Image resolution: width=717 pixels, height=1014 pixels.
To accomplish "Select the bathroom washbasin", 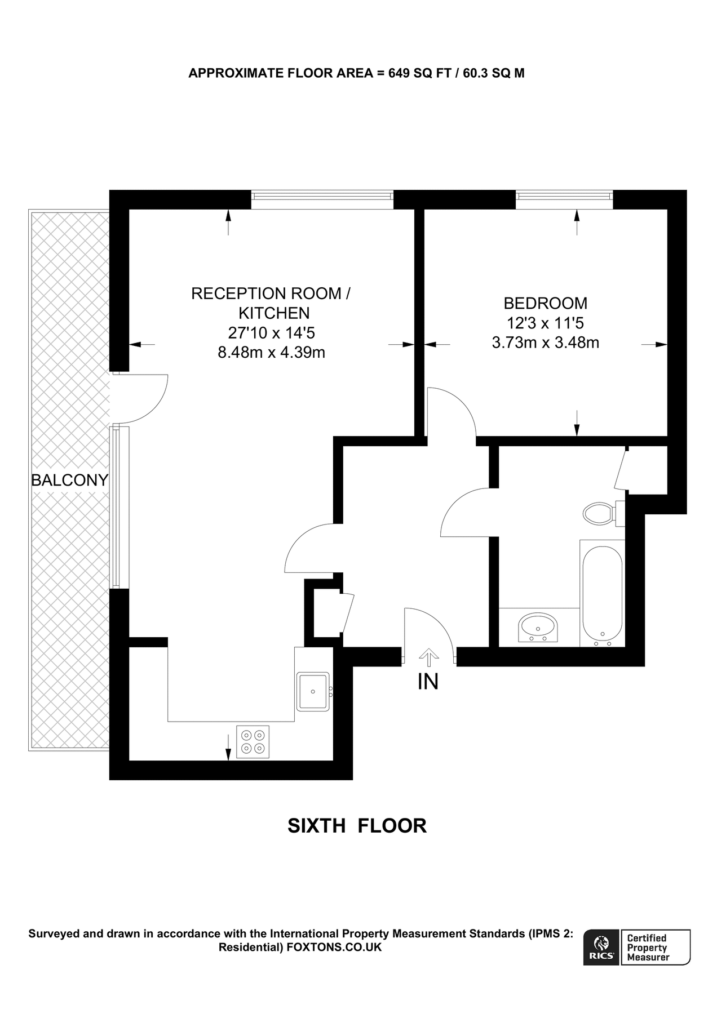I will [538, 628].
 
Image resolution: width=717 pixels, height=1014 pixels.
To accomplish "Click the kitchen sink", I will [313, 692].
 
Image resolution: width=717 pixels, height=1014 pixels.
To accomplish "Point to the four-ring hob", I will [253, 741].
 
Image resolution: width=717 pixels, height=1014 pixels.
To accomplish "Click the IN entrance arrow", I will [428, 657].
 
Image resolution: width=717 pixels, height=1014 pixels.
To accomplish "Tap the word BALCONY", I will [69, 480].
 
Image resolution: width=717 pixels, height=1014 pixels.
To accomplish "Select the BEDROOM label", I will [545, 303].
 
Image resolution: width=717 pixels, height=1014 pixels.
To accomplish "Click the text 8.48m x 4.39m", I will [271, 353].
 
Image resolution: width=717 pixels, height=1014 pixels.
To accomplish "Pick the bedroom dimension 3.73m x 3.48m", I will [545, 343].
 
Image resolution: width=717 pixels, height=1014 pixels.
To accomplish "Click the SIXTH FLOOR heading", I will [357, 826].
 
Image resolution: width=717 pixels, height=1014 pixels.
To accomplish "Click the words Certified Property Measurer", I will [648, 948].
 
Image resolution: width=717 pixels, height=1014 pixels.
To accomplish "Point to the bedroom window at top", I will [564, 195].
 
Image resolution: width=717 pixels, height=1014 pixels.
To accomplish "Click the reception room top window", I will [322, 195].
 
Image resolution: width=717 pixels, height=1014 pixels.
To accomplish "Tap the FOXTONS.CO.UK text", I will [334, 948].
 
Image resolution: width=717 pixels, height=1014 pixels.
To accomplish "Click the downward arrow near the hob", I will [228, 746].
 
